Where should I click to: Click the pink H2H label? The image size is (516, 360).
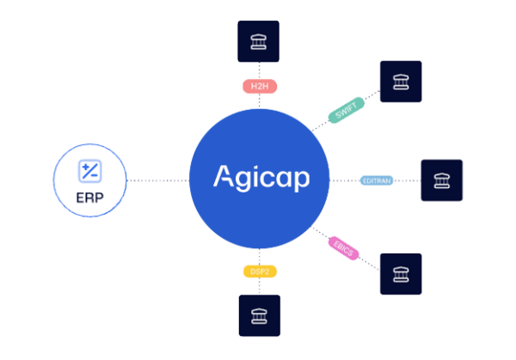click(260, 87)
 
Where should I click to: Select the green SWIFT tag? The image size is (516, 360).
click(347, 110)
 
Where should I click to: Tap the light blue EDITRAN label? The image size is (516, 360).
click(377, 180)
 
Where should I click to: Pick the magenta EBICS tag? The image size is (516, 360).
click(343, 248)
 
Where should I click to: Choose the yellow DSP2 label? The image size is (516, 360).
click(260, 272)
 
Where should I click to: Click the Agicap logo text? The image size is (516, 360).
click(261, 178)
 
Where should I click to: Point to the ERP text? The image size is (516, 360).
click(89, 198)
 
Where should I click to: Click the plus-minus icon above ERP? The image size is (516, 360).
click(89, 171)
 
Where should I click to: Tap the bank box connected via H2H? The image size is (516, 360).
click(258, 41)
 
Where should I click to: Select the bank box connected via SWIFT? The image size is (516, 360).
click(401, 82)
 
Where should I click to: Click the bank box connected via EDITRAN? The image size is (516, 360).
click(442, 180)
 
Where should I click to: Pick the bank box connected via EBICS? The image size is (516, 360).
click(401, 274)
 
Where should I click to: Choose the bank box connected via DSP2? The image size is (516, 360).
click(260, 315)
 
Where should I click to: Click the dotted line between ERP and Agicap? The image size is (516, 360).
click(158, 180)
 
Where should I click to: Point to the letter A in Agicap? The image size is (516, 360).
click(224, 176)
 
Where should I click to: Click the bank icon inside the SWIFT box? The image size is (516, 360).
click(401, 82)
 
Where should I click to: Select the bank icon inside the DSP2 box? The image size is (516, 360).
click(260, 316)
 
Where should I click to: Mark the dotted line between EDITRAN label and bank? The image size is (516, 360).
click(407, 180)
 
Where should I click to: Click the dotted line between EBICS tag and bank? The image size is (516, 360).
click(369, 264)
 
